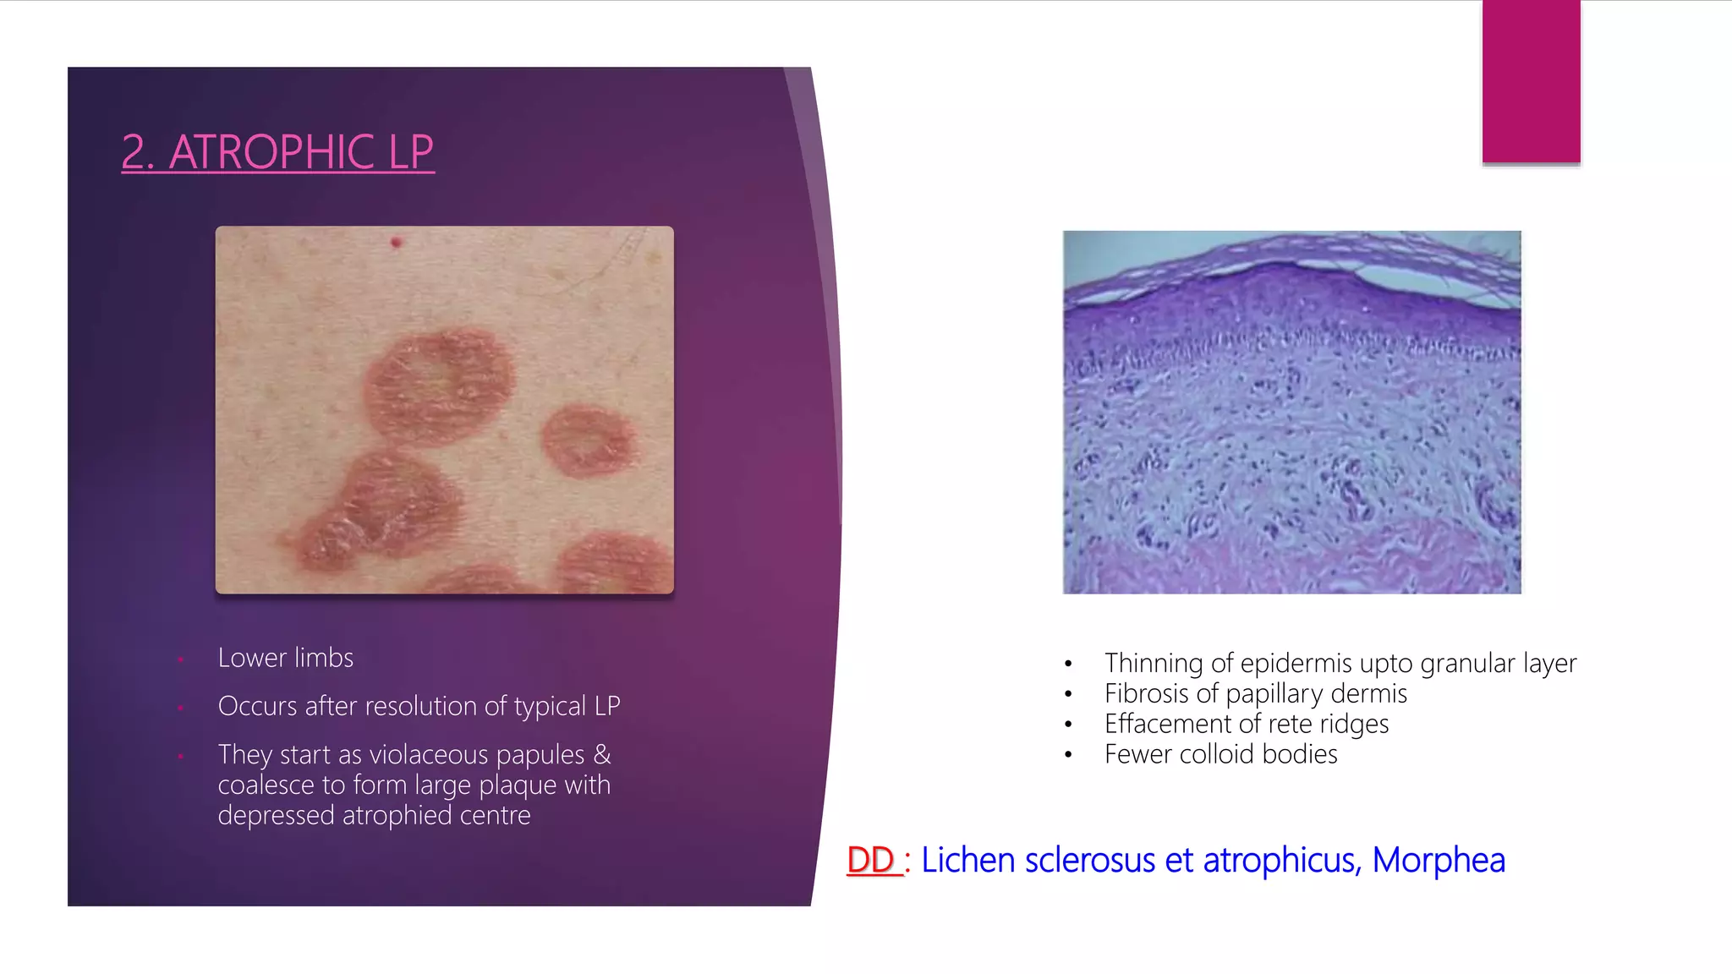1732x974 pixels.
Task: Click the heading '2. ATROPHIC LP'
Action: pyautogui.click(x=277, y=152)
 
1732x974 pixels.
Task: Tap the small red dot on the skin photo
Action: pyautogui.click(x=396, y=243)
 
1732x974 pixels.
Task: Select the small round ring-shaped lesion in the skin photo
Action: pyautogui.click(x=589, y=440)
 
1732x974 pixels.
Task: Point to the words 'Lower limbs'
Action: pyautogui.click(x=285, y=658)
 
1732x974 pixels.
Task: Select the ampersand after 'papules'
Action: pyautogui.click(x=601, y=754)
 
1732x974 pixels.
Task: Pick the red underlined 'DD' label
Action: pyautogui.click(x=871, y=860)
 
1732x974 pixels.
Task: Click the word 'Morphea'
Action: pyautogui.click(x=1438, y=860)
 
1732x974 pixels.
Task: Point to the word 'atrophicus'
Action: pyautogui.click(x=1280, y=860)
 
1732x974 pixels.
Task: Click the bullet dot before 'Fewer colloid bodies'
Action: pyautogui.click(x=1069, y=755)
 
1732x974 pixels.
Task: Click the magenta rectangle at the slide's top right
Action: pyautogui.click(x=1531, y=81)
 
